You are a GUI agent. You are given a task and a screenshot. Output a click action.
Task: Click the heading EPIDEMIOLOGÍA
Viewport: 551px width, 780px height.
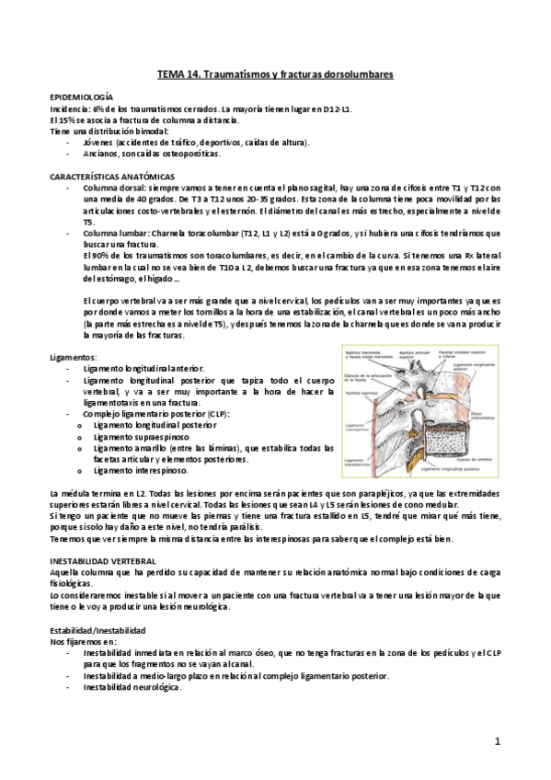(81, 97)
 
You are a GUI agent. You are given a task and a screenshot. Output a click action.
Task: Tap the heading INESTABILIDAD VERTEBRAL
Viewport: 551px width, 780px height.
(102, 558)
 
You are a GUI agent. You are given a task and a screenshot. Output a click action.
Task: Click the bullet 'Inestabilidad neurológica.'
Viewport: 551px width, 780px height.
(132, 687)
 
